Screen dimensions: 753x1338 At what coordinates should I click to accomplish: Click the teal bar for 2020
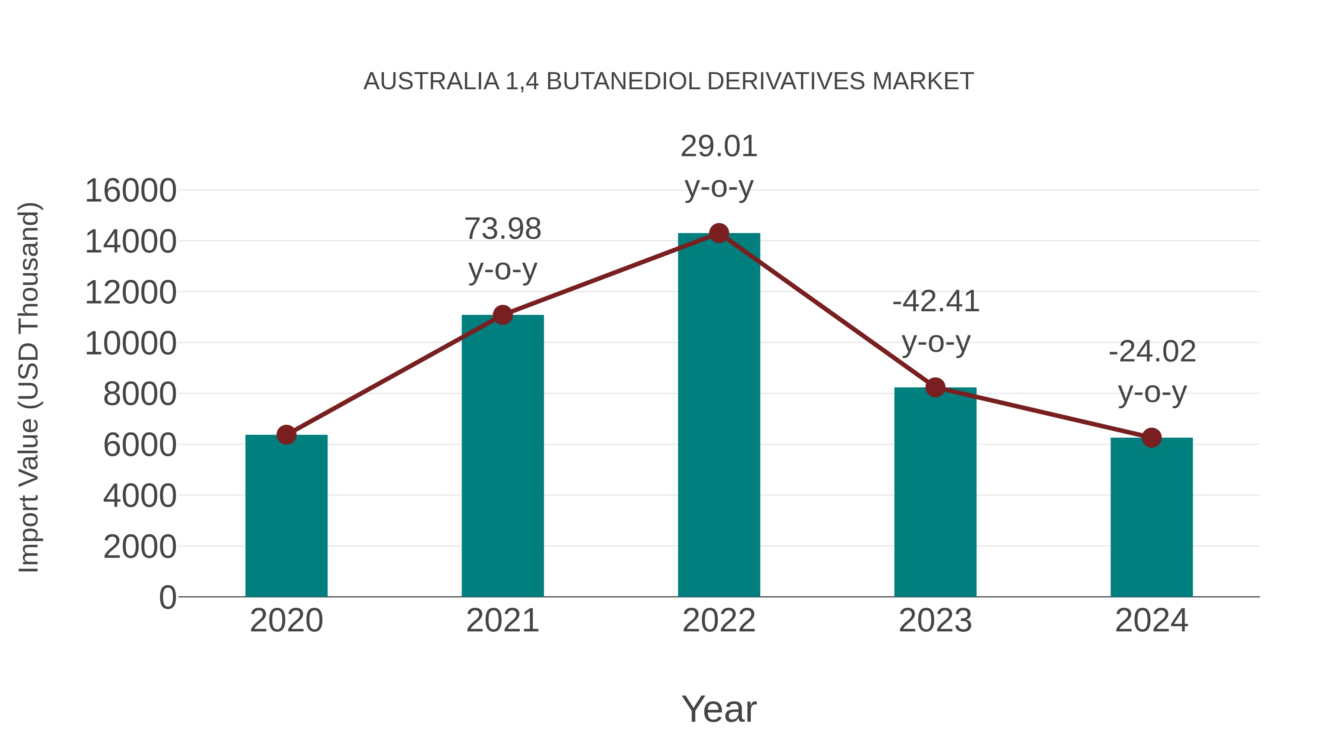(286, 515)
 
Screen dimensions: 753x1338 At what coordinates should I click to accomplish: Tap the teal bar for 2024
(1151, 517)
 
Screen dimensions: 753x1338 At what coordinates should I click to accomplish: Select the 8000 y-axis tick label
(140, 394)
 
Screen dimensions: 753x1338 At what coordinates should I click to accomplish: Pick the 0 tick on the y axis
(167, 597)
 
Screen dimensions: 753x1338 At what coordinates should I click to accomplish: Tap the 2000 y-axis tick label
(140, 547)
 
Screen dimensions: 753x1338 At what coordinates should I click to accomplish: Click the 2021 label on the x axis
(502, 621)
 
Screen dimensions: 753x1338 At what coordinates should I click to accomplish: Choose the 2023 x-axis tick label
(935, 621)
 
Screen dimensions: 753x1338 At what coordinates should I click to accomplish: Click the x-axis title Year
(719, 709)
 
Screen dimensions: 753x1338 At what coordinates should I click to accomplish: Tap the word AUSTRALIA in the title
(431, 81)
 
